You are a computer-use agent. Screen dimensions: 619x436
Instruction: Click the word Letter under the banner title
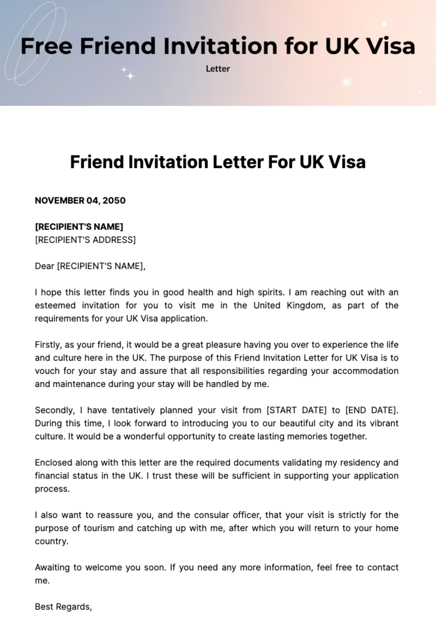pos(218,69)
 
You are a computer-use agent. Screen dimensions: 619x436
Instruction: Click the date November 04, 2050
pos(80,201)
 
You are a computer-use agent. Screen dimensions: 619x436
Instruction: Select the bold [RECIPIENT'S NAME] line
pos(79,227)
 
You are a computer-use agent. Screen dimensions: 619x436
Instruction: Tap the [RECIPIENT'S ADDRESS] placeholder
pos(85,240)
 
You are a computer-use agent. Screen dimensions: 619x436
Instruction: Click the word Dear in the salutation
pos(44,266)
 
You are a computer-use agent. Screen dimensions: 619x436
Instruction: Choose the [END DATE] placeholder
pos(371,410)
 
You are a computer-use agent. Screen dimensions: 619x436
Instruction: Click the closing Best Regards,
pos(63,607)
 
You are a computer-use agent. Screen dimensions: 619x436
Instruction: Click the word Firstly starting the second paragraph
pos(48,345)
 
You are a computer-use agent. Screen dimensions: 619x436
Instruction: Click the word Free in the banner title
pos(46,46)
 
